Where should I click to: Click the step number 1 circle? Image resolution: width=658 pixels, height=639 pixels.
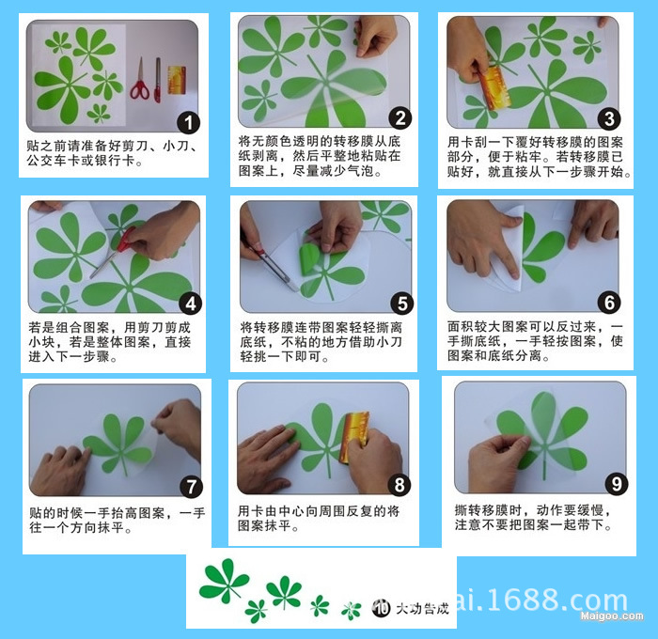(189, 122)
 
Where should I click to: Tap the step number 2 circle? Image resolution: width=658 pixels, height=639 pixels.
(400, 117)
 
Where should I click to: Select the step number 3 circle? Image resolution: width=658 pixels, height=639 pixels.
(609, 118)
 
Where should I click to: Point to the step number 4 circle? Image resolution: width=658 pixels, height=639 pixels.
(191, 304)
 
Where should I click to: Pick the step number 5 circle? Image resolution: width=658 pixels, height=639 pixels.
(402, 304)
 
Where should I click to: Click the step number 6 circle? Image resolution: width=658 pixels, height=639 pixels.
(609, 303)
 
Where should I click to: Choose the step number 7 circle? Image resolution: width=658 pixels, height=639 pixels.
(191, 487)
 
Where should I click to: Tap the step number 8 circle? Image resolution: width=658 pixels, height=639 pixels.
(400, 485)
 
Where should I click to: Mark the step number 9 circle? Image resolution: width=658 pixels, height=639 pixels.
(617, 484)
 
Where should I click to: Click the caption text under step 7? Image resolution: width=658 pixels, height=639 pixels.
(117, 521)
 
